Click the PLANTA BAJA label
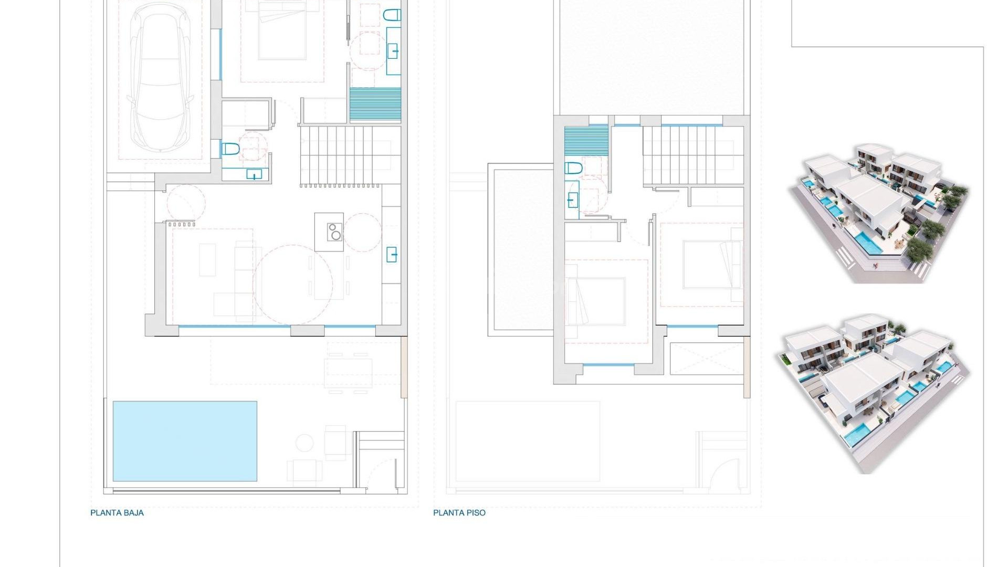117,513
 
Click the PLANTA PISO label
459,513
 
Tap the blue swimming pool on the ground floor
185,441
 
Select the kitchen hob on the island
334,232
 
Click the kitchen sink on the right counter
392,255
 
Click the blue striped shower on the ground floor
375,103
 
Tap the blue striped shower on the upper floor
586,141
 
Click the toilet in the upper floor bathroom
573,169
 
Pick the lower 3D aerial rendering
871,394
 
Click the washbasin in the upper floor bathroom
572,199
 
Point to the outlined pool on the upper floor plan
528,441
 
